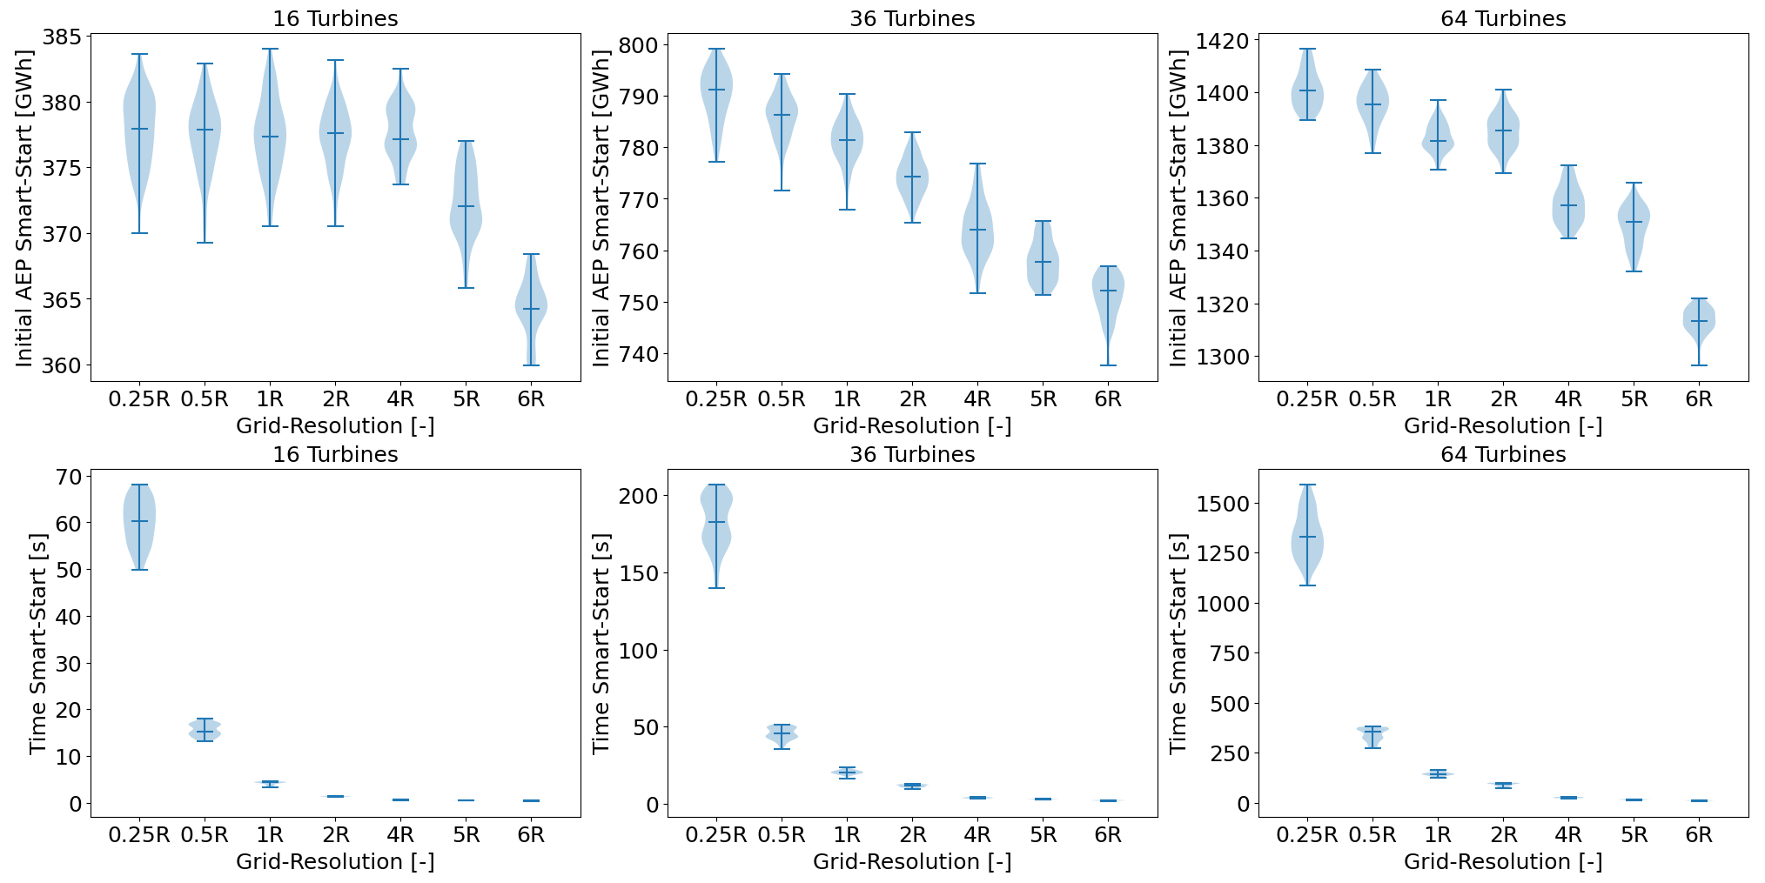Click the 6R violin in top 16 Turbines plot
point(531,309)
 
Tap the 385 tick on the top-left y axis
point(68,37)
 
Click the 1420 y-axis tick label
point(1222,41)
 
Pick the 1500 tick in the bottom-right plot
point(1222,504)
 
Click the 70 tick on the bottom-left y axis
point(69,477)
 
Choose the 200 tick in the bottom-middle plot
point(640,496)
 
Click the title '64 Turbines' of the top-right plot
point(1503,18)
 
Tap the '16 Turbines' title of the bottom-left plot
point(335,454)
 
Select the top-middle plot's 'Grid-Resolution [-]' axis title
point(912,425)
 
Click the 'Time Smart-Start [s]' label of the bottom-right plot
point(1178,644)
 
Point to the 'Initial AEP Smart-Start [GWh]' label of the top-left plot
point(23,208)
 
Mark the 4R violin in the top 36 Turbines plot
point(977,230)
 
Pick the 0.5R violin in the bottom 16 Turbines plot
point(205,729)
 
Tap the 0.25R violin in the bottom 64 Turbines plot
point(1306,539)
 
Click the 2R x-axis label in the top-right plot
point(1503,399)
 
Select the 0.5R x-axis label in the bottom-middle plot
point(782,835)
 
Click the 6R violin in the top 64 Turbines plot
point(1699,322)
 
